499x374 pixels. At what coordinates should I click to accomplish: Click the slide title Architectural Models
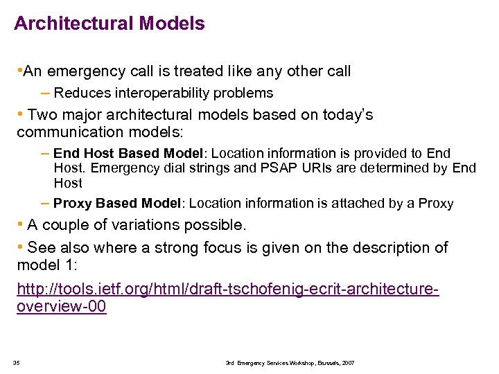coord(110,24)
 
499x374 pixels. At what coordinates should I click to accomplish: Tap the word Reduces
coord(77,93)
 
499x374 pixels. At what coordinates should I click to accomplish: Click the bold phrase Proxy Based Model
coord(116,204)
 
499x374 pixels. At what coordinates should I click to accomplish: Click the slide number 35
coord(17,363)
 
